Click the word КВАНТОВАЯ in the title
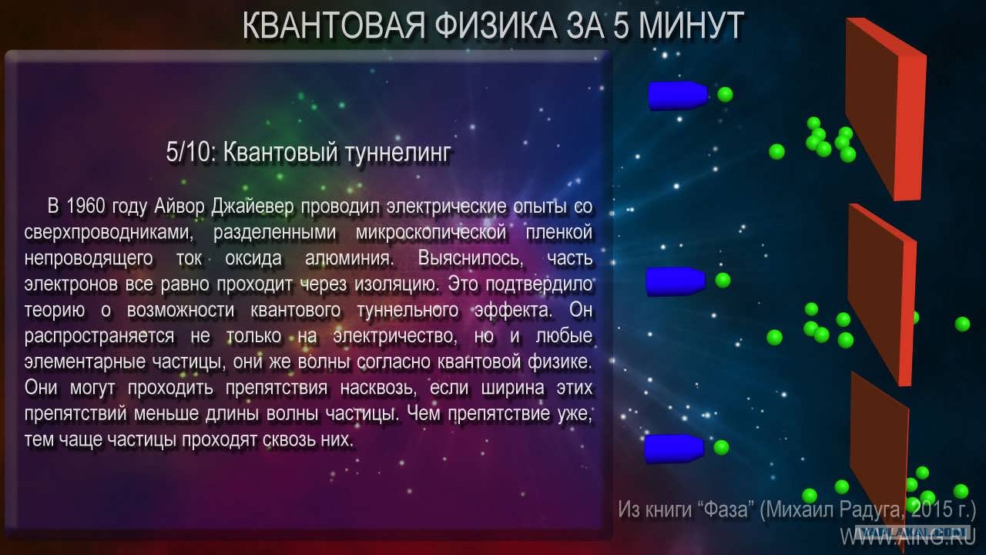pyautogui.click(x=334, y=26)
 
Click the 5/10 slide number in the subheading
pyautogui.click(x=191, y=153)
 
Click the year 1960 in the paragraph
pyautogui.click(x=86, y=206)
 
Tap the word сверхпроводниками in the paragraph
pyautogui.click(x=109, y=233)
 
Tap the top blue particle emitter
pyautogui.click(x=678, y=95)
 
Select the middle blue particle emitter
pyautogui.click(x=676, y=281)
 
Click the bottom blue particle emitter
pyautogui.click(x=674, y=449)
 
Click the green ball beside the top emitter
pyautogui.click(x=725, y=94)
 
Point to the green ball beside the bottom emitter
pyautogui.click(x=721, y=448)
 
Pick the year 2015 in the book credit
pyautogui.click(x=931, y=510)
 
